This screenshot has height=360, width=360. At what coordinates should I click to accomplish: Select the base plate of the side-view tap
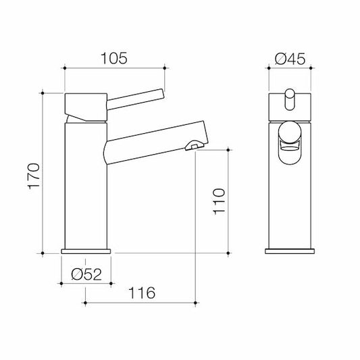(x=86, y=251)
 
